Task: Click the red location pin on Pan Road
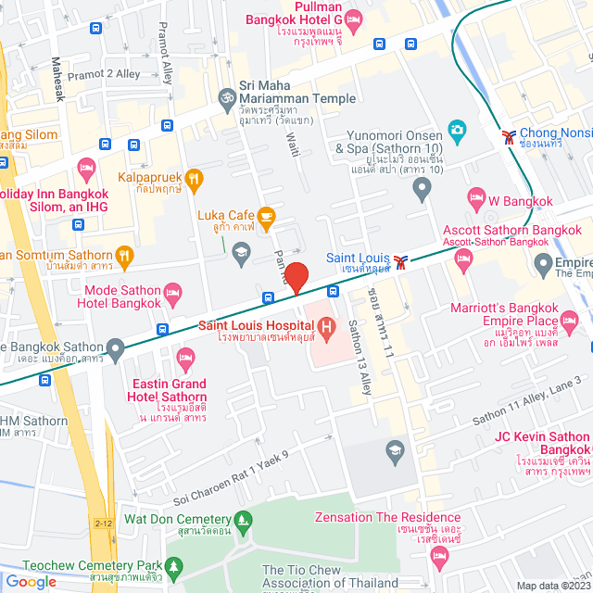tap(296, 277)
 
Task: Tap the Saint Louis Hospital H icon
tap(326, 326)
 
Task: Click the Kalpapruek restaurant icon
tap(194, 177)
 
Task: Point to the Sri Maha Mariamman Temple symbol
tap(225, 97)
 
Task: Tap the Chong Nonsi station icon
tap(508, 137)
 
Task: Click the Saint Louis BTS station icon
tap(400, 261)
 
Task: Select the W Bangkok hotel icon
tap(477, 196)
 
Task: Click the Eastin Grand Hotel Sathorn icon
tap(185, 357)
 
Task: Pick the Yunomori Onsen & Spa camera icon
tap(456, 129)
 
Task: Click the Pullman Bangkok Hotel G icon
tap(353, 19)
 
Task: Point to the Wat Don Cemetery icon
tap(242, 521)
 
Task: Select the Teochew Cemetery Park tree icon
tap(173, 565)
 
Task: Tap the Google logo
tap(32, 582)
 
